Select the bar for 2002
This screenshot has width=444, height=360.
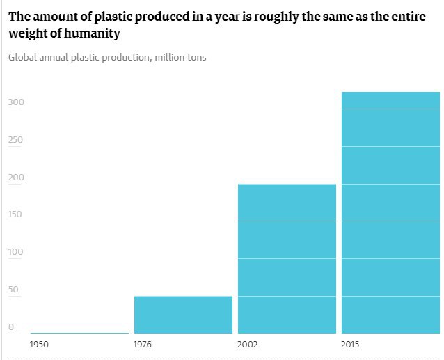(287, 258)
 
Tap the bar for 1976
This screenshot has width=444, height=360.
(183, 315)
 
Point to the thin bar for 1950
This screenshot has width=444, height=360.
(79, 333)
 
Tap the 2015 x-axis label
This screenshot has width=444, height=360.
(351, 344)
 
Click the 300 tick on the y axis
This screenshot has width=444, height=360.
(16, 102)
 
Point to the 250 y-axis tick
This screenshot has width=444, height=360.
(16, 140)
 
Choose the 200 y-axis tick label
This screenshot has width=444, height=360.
(16, 178)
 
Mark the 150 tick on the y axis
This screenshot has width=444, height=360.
(16, 214)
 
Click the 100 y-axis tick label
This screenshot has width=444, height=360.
(16, 252)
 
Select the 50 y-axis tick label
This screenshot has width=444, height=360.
(13, 290)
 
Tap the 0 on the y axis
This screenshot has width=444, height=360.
(11, 327)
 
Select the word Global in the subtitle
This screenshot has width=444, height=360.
(24, 57)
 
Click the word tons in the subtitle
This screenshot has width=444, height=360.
(194, 57)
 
